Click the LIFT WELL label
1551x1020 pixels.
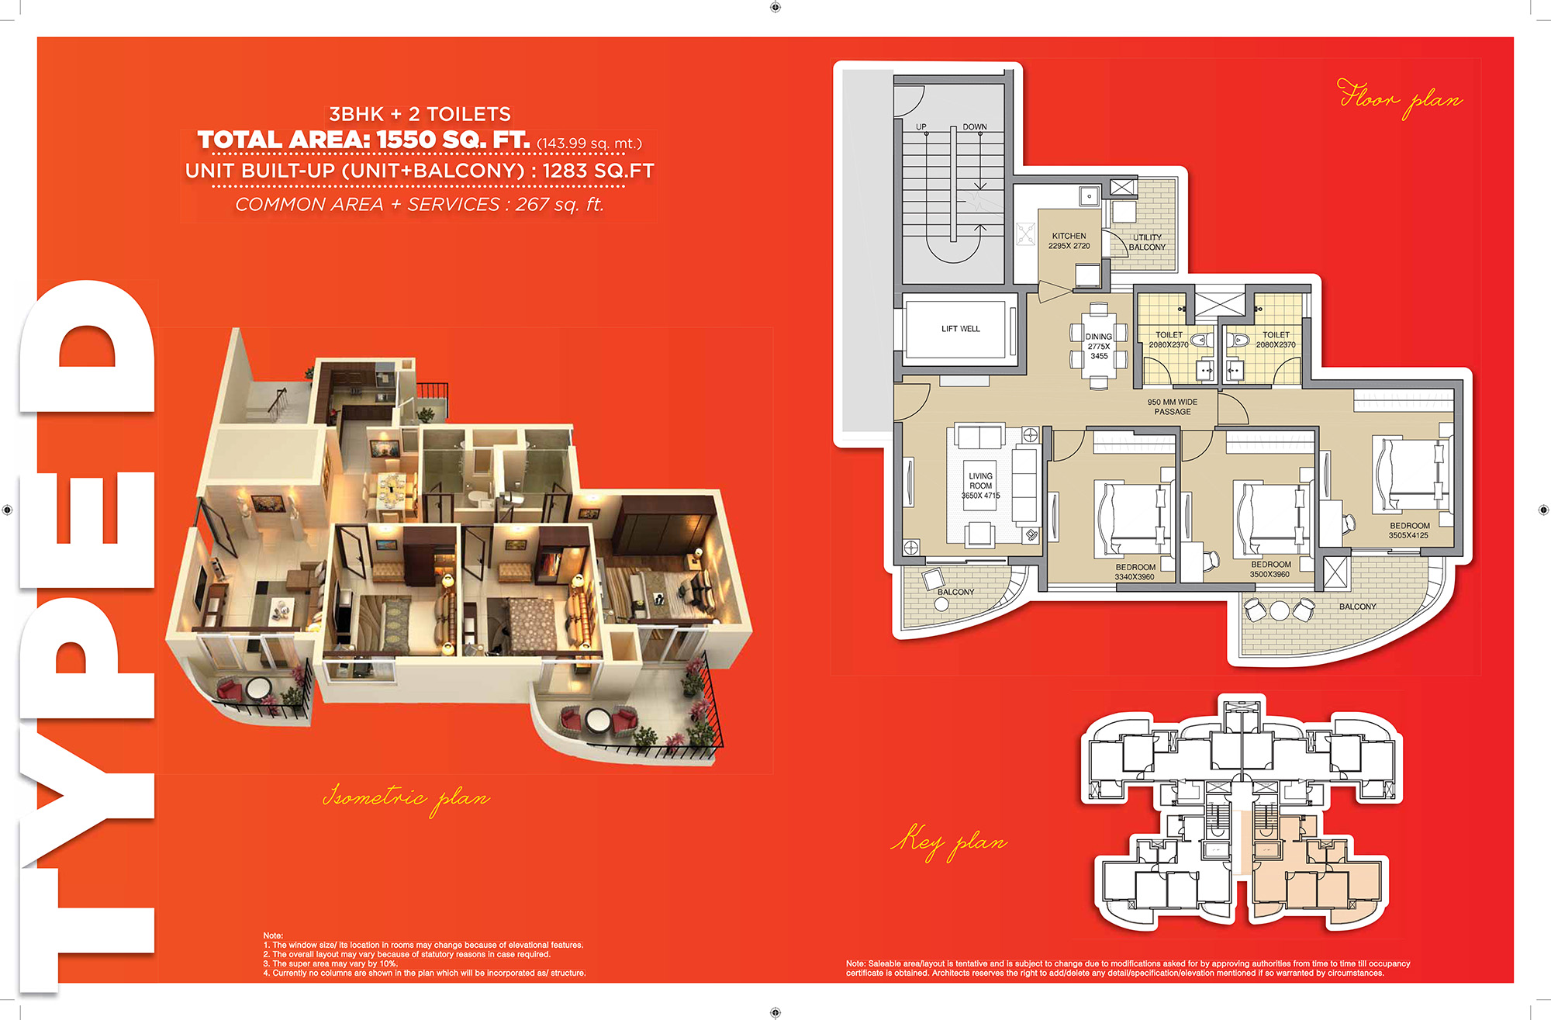coord(960,329)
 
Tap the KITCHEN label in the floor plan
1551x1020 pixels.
coord(1069,236)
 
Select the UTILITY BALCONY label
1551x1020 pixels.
coord(1147,242)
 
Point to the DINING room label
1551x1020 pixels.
coord(1098,337)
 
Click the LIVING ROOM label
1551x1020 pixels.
coord(980,481)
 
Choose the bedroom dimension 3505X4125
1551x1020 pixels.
coord(1408,535)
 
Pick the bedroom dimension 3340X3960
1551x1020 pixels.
coord(1135,577)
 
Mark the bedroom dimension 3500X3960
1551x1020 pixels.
coord(1269,574)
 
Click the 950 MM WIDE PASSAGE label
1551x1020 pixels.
coord(1172,406)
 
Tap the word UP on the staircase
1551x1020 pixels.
coord(921,126)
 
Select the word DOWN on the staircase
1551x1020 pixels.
coord(975,126)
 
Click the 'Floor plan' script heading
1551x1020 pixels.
coord(1400,99)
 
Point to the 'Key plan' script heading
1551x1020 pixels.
coord(949,841)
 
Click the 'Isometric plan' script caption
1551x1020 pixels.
coord(406,797)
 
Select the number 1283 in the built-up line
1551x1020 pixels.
coord(565,171)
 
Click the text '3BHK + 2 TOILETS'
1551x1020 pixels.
coord(420,114)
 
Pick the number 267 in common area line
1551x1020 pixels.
coord(532,204)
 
